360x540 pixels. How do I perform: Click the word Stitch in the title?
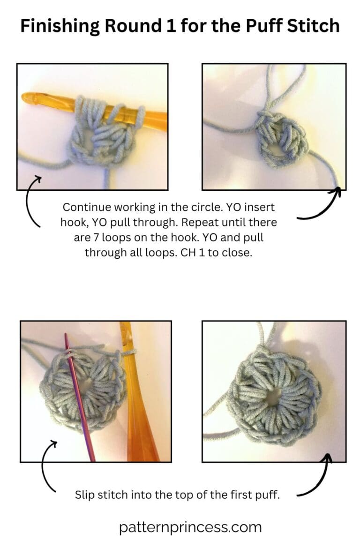click(314, 26)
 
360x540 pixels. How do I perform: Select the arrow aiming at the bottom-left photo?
click(47, 464)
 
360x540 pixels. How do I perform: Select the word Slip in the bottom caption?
click(84, 495)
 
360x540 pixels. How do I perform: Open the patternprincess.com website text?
click(190, 527)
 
